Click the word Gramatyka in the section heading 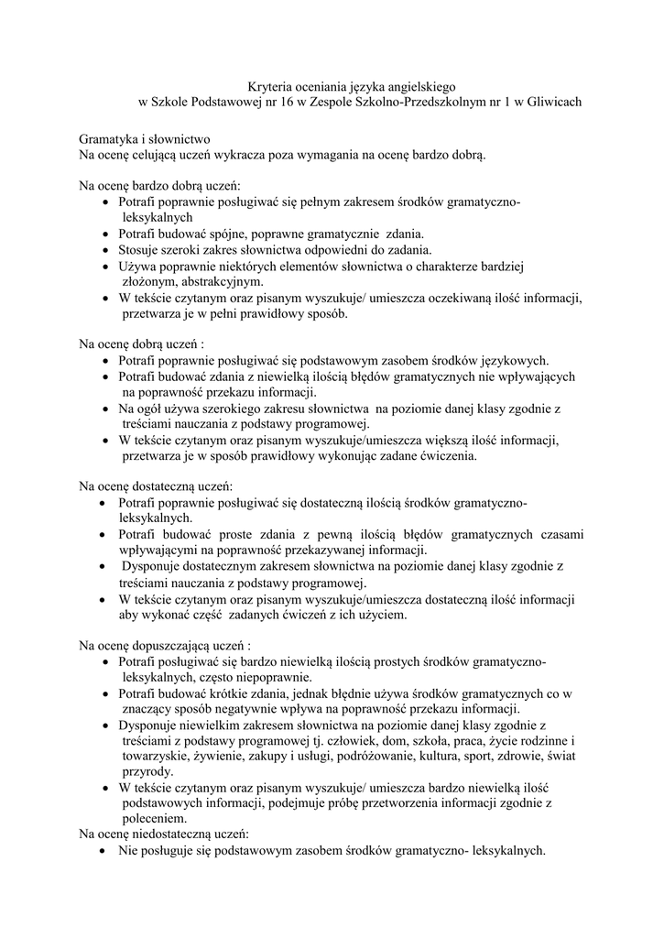coord(108,137)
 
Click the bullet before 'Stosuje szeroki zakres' coord(108,250)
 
